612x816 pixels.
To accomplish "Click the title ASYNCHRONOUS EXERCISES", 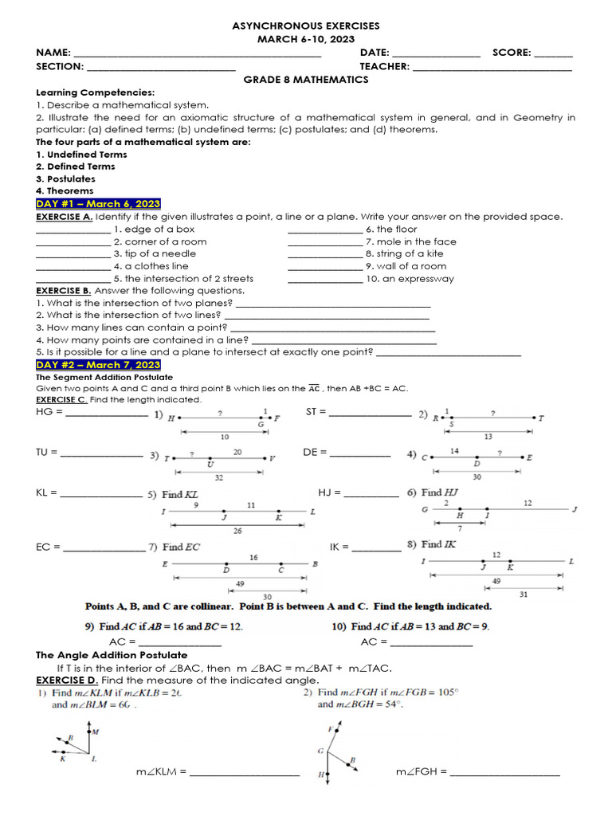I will (x=305, y=26).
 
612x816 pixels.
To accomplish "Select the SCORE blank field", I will (x=553, y=53).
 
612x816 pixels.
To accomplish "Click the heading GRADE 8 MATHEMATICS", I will (x=305, y=80).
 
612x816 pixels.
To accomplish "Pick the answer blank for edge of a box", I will (x=73, y=229).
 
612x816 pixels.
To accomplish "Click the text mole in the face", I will (x=411, y=241).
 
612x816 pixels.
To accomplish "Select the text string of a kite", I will (x=406, y=253).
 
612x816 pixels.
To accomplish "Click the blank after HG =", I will (x=106, y=414).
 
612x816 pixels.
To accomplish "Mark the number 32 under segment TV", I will (x=218, y=477).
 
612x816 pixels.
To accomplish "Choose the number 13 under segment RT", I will (x=488, y=437).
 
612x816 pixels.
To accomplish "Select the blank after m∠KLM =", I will (x=244, y=773).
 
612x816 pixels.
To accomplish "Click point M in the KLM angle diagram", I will (x=95, y=731).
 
